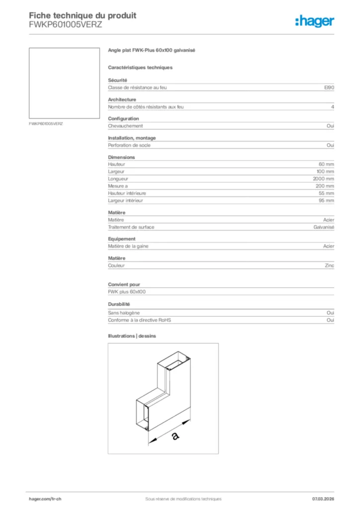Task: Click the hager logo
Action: pos(315,21)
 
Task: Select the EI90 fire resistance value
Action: pos(329,87)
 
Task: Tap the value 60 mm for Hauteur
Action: pos(326,164)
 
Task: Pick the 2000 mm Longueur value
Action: pos(323,178)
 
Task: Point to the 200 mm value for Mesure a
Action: pos(325,186)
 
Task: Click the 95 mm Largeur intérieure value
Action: pos(326,200)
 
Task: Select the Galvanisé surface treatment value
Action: pos(324,227)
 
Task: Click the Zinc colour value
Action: pos(329,265)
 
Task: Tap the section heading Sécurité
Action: pos(118,80)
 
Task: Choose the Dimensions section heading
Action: pos(121,157)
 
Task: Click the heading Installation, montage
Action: pos(132,138)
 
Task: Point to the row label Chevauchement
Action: pos(125,126)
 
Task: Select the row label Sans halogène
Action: pos(123,313)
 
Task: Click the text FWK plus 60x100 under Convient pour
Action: pos(127,292)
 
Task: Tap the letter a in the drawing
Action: pos(175,436)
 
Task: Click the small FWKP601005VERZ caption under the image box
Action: pos(46,123)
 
